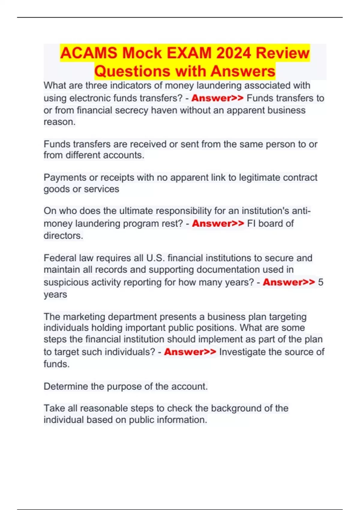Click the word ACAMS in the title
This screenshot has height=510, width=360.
pyautogui.click(x=88, y=53)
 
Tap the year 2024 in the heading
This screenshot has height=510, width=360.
pyautogui.click(x=233, y=53)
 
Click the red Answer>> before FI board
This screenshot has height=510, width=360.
pyautogui.click(x=218, y=223)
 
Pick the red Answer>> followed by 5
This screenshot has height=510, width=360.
pyautogui.click(x=289, y=282)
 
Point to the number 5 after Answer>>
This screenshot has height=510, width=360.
pyautogui.click(x=320, y=282)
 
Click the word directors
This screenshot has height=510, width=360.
pyautogui.click(x=63, y=236)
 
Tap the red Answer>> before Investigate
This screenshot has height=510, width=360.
pyautogui.click(x=190, y=352)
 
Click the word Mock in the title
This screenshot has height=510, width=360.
pyautogui.click(x=142, y=53)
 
